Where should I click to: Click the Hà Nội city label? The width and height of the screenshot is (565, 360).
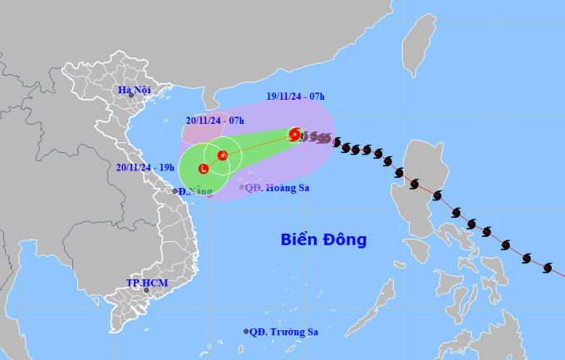tap(134, 89)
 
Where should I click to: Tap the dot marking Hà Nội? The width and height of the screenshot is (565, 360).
tap(130, 96)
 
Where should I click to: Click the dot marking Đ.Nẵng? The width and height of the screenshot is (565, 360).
tap(177, 191)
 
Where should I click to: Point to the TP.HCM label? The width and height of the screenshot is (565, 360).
tap(142, 283)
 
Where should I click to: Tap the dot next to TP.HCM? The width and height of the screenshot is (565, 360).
tap(146, 290)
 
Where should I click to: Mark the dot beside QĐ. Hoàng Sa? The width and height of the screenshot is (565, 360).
tap(242, 188)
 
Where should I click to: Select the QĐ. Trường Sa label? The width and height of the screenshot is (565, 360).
tap(284, 331)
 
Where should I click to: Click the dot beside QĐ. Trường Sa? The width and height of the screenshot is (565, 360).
tap(246, 331)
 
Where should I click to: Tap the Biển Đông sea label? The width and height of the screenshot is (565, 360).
tap(322, 240)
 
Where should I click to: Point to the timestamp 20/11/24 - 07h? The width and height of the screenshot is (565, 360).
tap(214, 121)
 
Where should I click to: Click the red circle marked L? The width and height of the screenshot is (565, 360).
tap(204, 169)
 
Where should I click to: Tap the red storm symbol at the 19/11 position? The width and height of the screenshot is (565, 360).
tap(295, 133)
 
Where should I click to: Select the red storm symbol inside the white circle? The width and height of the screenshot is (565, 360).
tap(223, 155)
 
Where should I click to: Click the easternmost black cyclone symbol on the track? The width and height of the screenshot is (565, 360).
tap(548, 267)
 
